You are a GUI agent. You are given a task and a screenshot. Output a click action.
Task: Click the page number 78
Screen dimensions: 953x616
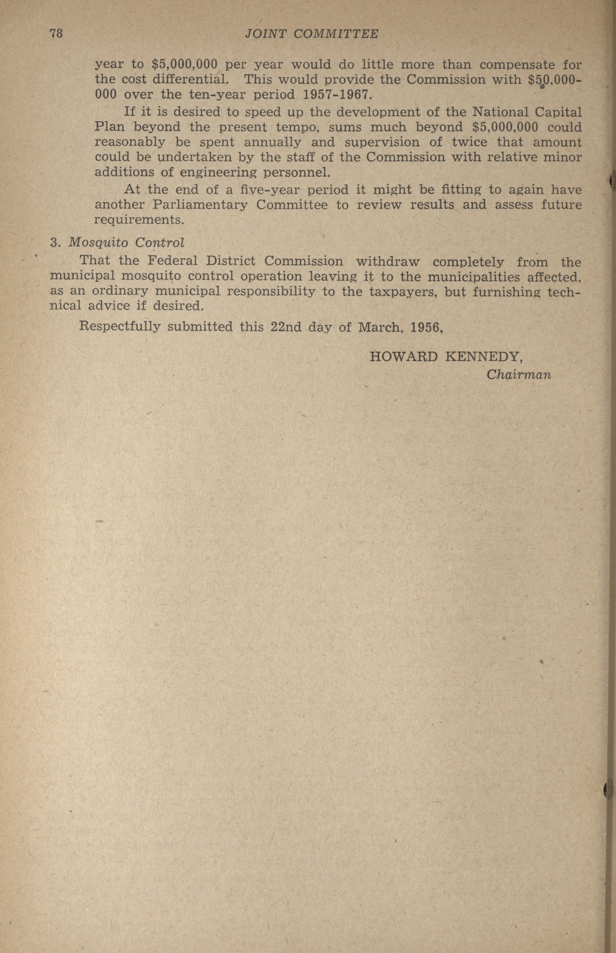[x=56, y=33]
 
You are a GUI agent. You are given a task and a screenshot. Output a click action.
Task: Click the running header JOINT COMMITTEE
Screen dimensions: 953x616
[x=311, y=35]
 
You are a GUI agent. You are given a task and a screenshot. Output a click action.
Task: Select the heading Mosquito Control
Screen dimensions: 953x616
[x=126, y=242]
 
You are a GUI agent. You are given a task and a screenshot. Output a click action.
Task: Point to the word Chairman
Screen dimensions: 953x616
[x=519, y=375]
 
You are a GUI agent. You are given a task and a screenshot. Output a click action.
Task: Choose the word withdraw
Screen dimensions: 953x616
[x=388, y=262]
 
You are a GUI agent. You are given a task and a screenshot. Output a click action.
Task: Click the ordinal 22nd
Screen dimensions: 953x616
[x=286, y=327]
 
